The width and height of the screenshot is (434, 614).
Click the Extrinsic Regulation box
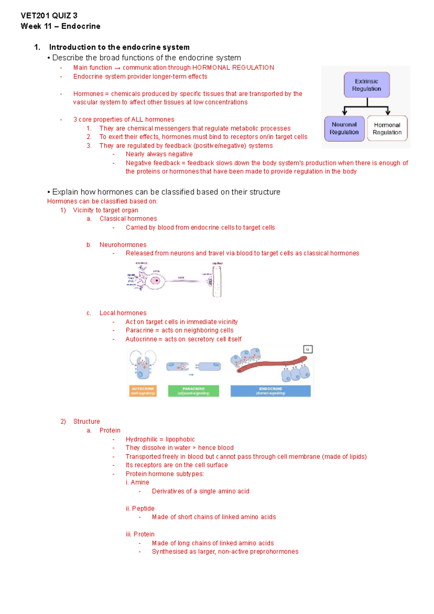click(366, 85)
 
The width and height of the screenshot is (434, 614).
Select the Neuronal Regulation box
click(344, 128)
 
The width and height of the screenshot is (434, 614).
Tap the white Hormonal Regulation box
click(387, 128)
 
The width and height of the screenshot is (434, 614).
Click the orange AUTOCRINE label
click(143, 391)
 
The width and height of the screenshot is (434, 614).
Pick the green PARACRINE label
click(193, 391)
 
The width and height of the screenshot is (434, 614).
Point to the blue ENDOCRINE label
click(271, 391)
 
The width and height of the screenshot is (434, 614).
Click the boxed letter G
click(308, 349)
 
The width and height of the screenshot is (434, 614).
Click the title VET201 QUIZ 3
click(49, 16)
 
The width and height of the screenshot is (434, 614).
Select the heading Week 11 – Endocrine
click(60, 26)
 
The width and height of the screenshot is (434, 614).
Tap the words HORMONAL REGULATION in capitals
click(233, 68)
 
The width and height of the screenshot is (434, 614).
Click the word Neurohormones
click(123, 245)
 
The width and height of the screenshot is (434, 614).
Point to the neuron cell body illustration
click(156, 280)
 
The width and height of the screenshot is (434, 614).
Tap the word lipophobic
click(180, 439)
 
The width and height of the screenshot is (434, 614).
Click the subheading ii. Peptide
click(140, 508)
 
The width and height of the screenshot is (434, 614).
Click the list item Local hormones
click(123, 313)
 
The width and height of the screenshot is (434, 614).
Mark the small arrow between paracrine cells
click(191, 375)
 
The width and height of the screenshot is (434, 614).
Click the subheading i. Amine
click(137, 482)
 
